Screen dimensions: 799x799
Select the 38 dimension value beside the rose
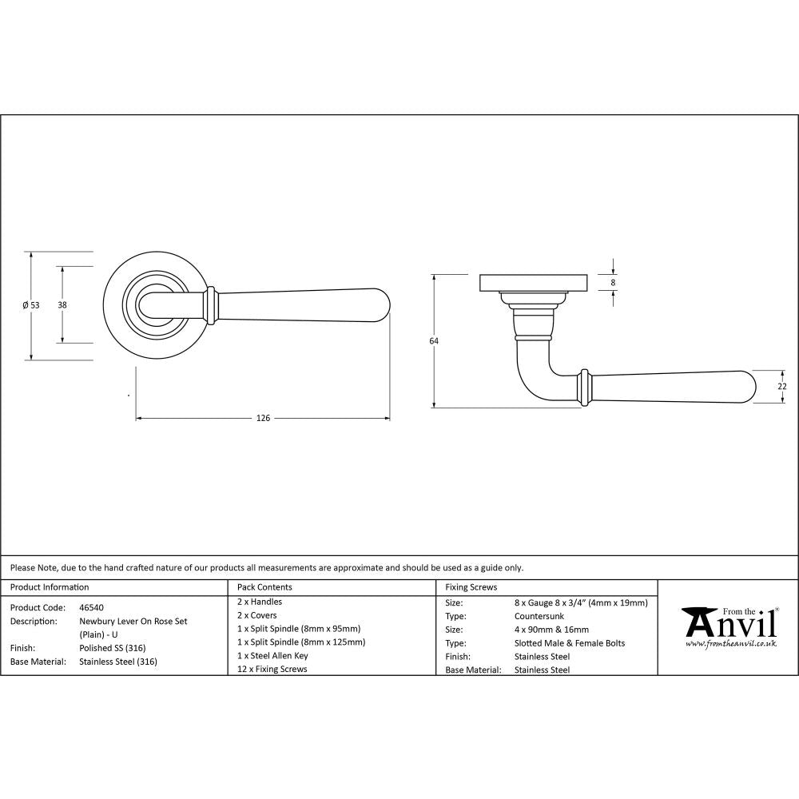[x=62, y=304]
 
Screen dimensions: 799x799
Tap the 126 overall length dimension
[x=262, y=418]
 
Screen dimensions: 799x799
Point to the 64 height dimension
[x=434, y=341]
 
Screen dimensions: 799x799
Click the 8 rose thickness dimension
[x=613, y=283]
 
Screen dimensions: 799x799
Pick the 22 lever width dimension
[x=782, y=387]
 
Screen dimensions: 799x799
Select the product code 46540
[x=91, y=607]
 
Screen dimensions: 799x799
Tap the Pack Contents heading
[x=265, y=587]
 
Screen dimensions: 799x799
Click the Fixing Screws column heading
[x=471, y=587]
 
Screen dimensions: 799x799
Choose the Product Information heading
[x=50, y=587]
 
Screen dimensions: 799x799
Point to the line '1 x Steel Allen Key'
[x=272, y=655]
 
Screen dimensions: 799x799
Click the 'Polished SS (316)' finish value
[x=113, y=648]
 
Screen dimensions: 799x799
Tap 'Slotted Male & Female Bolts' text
[x=570, y=643]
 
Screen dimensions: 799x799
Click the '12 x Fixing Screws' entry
[x=272, y=669]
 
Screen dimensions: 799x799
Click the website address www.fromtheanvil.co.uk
[x=731, y=643]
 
